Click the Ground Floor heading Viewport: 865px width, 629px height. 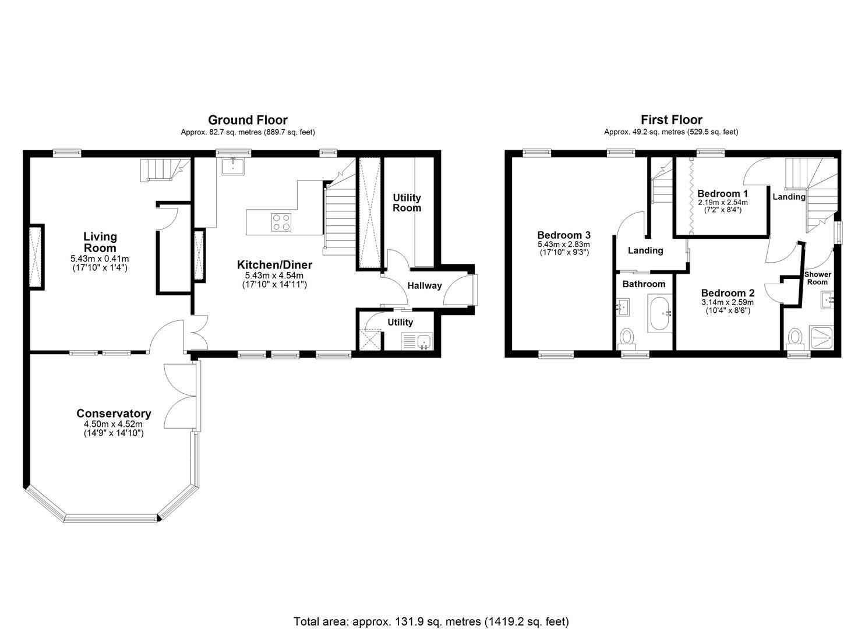[x=248, y=121]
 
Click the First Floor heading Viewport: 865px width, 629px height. [x=671, y=121]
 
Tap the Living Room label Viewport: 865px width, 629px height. [x=100, y=242]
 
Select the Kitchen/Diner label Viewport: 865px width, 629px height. [x=274, y=265]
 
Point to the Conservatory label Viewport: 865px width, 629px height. [x=114, y=414]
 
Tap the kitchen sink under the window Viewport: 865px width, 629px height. [x=234, y=166]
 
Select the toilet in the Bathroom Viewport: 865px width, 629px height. [x=627, y=337]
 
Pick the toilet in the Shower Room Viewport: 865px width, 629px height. [x=795, y=337]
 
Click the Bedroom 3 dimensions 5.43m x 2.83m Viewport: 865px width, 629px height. [x=563, y=245]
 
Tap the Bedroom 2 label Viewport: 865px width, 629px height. [x=728, y=293]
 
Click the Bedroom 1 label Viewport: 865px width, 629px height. [x=722, y=193]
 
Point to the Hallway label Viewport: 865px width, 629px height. [x=424, y=285]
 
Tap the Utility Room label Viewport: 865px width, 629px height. [x=407, y=203]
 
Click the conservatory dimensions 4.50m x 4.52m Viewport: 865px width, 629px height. [x=114, y=425]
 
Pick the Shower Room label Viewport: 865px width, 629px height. [x=817, y=278]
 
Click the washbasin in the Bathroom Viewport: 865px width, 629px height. [x=622, y=306]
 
